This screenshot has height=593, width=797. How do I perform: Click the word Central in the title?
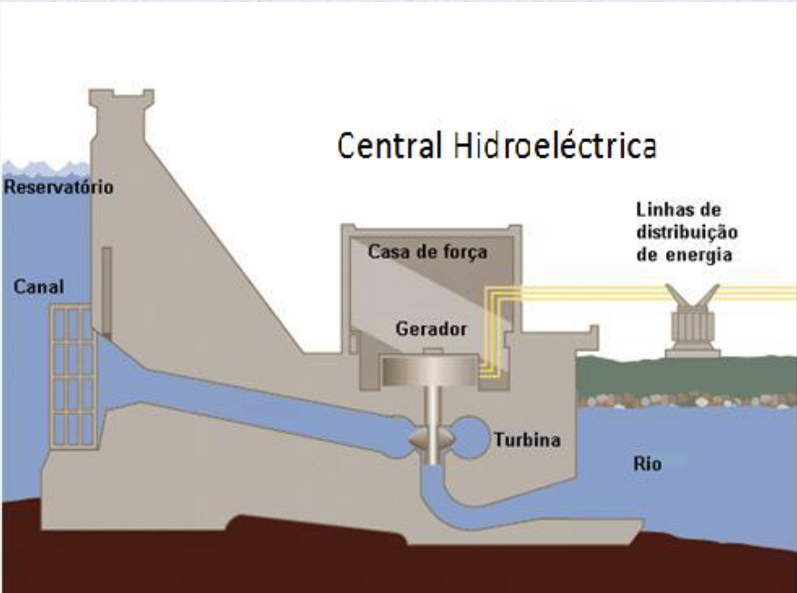point(389,146)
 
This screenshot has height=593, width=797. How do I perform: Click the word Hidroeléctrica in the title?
point(555,146)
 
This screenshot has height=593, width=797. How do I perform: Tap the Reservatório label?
point(59,188)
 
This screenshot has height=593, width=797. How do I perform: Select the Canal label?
point(39,287)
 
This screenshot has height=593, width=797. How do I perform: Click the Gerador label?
point(431,329)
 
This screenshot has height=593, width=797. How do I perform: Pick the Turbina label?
point(527,440)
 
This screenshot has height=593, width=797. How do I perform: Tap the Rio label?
point(647,464)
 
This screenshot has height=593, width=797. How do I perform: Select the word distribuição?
point(687,232)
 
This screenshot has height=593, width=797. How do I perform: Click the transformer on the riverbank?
point(692,327)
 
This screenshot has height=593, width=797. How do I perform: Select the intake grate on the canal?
point(72,376)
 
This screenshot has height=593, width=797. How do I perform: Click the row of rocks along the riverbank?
point(685,401)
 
